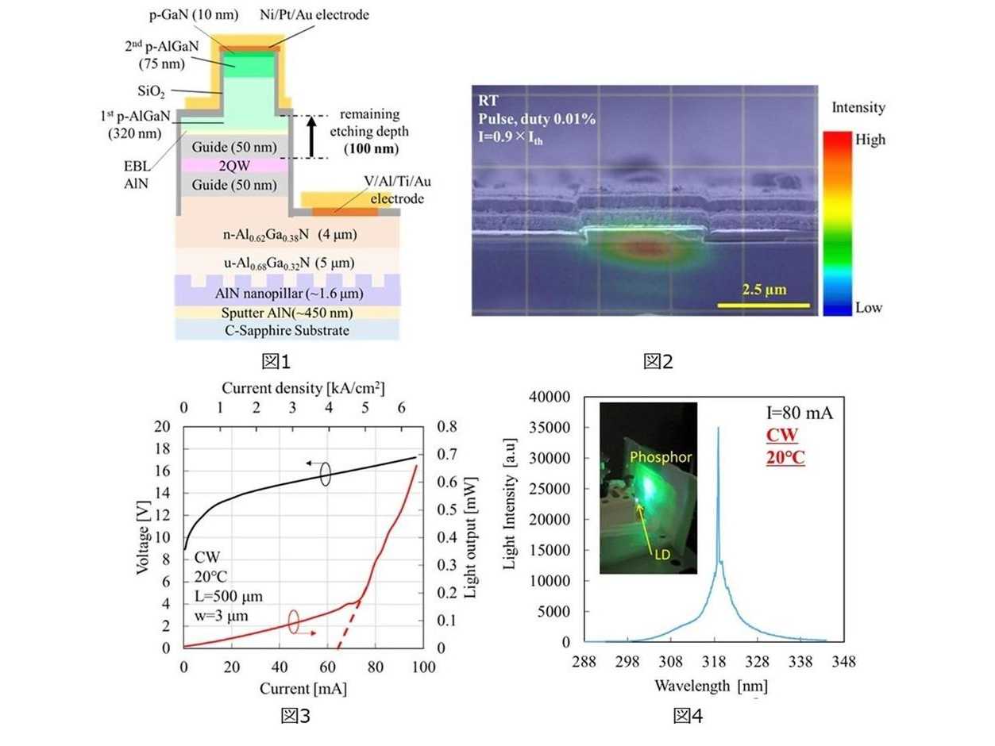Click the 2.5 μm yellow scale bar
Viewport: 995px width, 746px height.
pyautogui.click(x=765, y=304)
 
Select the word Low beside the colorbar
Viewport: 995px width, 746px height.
pyautogui.click(x=869, y=308)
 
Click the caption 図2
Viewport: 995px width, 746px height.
pyautogui.click(x=658, y=363)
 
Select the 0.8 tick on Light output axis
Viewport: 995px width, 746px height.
pyautogui.click(x=446, y=427)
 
